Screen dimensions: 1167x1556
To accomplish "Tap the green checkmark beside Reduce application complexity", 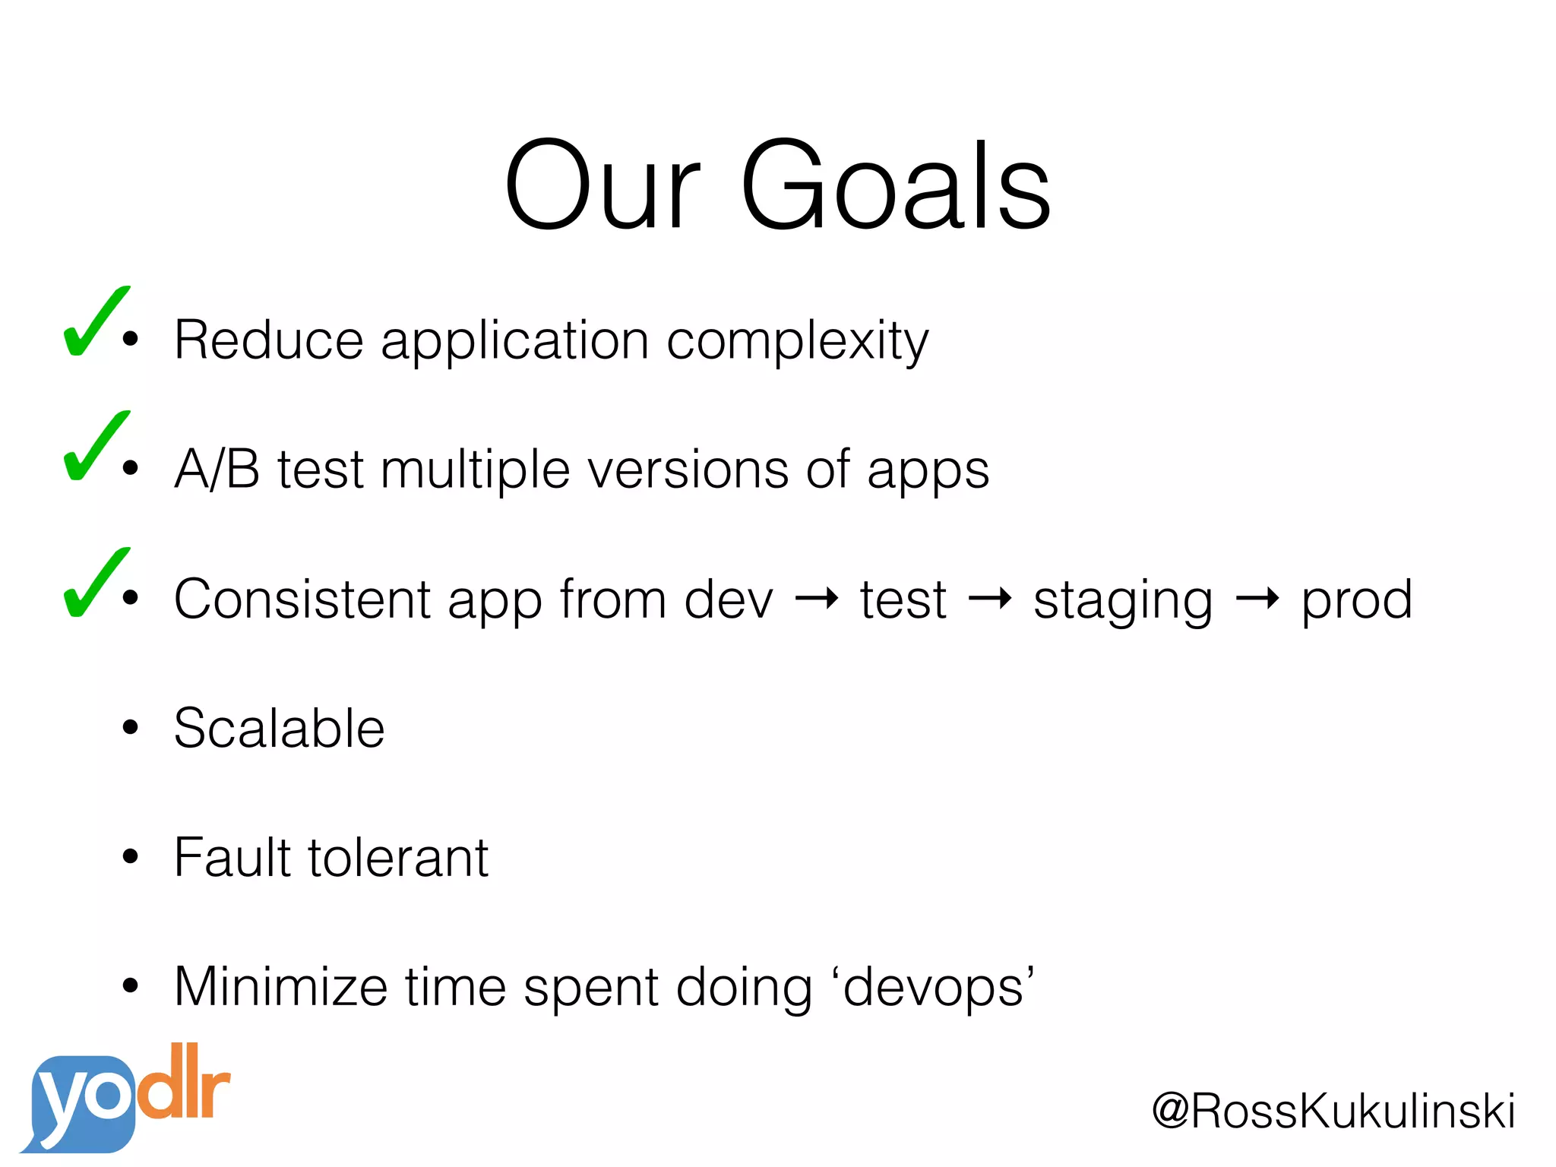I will tap(94, 324).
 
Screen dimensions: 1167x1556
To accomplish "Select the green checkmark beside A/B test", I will tap(94, 448).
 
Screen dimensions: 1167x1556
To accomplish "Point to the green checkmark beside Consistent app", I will tap(94, 585).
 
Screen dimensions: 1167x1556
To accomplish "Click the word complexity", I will tap(797, 342).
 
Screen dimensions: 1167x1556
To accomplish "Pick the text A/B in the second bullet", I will tap(217, 469).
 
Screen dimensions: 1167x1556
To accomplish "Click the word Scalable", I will tap(279, 728).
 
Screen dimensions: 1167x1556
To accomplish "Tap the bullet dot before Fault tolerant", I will tap(131, 857).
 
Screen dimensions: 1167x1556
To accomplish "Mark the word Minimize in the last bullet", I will tap(280, 986).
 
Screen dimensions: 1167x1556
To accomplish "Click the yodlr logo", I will tap(125, 1098).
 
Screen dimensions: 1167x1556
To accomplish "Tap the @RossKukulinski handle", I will tap(1333, 1111).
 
